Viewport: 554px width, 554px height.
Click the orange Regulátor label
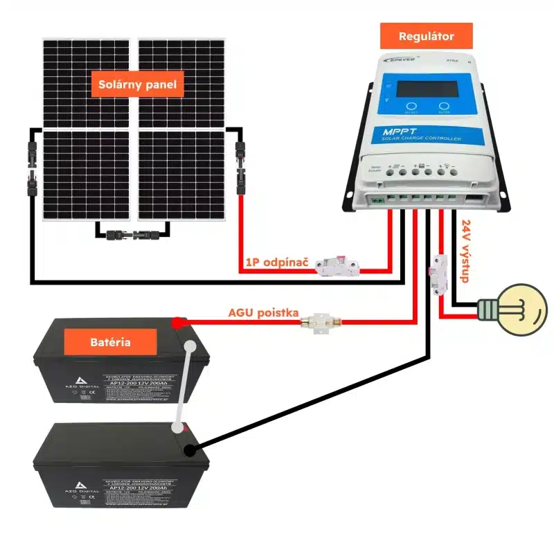427,36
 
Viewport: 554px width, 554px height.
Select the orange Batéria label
110,342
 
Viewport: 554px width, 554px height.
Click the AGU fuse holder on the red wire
320,322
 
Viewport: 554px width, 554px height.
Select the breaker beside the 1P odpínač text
337,266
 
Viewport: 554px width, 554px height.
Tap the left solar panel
86,128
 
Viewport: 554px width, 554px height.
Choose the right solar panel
181,128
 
